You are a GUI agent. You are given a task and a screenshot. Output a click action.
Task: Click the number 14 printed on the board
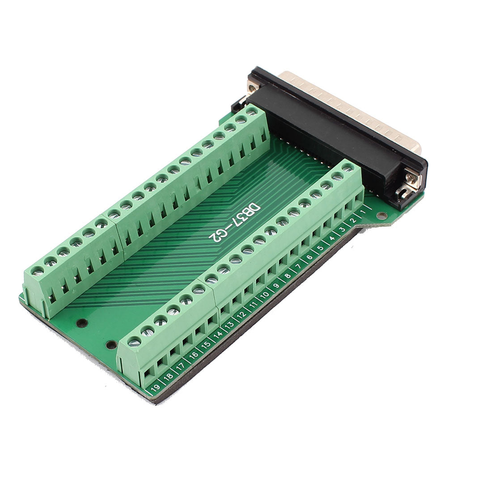point(218,335)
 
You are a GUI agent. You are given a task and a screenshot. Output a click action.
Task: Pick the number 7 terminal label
point(299,267)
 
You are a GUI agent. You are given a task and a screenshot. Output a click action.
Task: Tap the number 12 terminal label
point(242,315)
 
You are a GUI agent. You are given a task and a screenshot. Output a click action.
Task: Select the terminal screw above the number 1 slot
point(347,167)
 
